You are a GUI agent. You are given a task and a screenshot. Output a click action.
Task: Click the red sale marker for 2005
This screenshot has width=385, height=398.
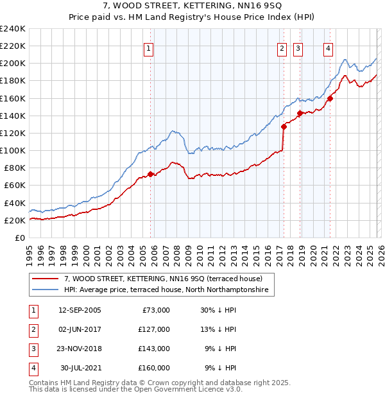[x=151, y=174]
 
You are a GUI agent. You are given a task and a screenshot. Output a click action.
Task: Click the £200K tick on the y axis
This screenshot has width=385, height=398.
[x=13, y=64]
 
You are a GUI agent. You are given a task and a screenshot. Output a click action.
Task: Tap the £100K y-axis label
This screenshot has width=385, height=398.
[x=13, y=150]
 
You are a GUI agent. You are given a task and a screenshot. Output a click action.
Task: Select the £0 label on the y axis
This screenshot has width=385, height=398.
[x=20, y=238]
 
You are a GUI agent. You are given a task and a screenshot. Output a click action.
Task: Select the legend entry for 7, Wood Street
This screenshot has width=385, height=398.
[x=163, y=279]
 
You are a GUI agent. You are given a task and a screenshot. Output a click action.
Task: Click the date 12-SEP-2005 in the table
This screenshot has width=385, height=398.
[x=80, y=310]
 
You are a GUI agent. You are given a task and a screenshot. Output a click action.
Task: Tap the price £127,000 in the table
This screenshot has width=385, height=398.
[x=153, y=329]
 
